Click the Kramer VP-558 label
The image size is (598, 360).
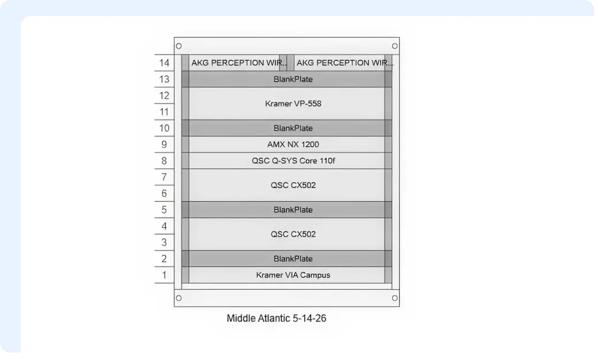click(293, 104)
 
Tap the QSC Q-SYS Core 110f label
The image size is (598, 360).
click(293, 161)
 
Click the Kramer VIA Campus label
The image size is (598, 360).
click(293, 275)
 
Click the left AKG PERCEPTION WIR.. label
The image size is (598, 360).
click(239, 63)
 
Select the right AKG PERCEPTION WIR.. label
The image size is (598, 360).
click(344, 63)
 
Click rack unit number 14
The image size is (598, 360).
click(164, 63)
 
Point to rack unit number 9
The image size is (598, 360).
click(164, 144)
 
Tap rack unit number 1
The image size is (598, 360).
click(164, 275)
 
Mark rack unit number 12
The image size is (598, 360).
click(164, 95)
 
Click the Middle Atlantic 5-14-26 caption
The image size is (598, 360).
click(277, 319)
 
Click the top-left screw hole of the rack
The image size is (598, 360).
click(179, 46)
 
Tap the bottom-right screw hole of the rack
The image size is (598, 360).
click(394, 298)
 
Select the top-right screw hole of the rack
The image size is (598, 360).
click(394, 46)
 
